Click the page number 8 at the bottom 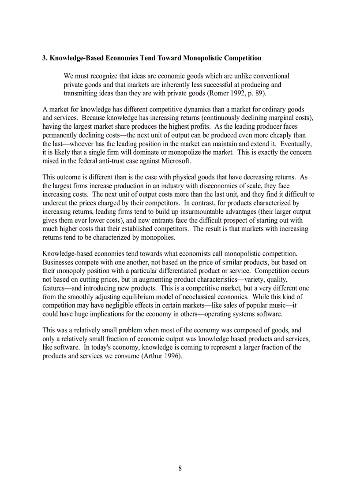(180, 469)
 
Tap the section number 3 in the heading (44, 58)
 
